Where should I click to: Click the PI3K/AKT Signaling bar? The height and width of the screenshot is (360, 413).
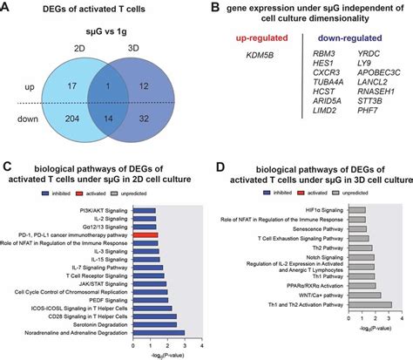point(143,209)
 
